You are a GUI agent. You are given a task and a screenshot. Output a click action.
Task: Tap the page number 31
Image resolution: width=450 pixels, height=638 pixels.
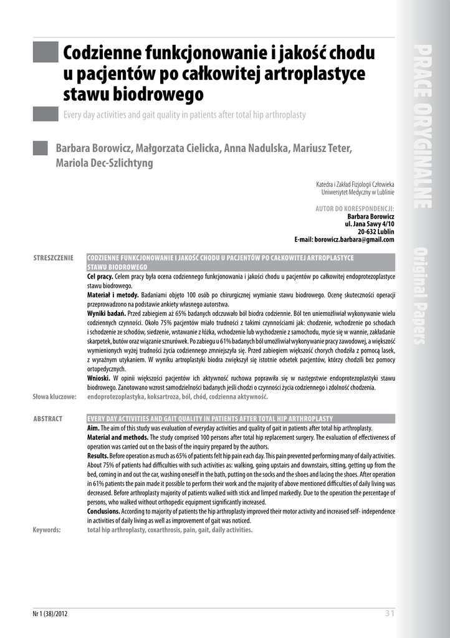point(390,614)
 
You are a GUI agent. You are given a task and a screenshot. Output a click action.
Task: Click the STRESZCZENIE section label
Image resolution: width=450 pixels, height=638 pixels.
point(54,258)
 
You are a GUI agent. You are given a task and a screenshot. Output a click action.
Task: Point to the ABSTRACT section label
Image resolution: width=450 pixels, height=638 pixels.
point(48,419)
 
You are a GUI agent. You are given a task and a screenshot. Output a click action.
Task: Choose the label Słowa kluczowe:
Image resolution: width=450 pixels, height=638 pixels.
point(54,396)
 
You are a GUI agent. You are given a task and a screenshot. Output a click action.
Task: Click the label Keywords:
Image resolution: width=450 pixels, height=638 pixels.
point(47,530)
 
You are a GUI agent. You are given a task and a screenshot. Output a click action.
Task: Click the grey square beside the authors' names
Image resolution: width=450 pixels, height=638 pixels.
point(40,148)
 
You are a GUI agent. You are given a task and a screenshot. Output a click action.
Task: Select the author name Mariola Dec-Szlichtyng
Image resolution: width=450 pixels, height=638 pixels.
point(104,164)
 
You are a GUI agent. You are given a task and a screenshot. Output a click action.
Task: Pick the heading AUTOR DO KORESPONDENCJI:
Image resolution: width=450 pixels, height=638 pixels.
point(355,209)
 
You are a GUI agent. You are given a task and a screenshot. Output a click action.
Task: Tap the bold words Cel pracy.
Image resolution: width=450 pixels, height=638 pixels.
point(100,275)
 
